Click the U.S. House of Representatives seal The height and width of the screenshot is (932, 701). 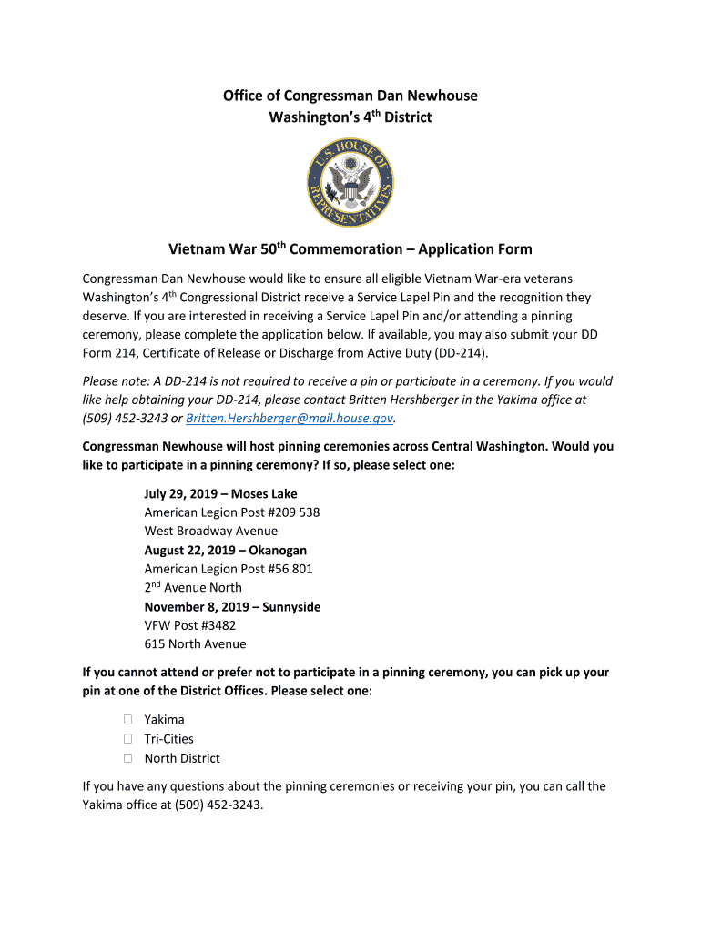350,185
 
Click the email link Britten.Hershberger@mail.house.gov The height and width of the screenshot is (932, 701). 289,419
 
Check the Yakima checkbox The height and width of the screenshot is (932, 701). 127,720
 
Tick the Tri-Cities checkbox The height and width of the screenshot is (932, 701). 127,739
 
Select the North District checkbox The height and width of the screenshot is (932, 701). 127,758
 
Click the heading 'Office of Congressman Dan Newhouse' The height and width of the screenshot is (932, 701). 350,96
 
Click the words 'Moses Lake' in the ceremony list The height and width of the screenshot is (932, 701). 264,494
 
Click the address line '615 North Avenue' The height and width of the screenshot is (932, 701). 195,644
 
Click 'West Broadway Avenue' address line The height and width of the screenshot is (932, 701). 211,532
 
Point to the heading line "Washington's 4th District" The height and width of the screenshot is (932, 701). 350,117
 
